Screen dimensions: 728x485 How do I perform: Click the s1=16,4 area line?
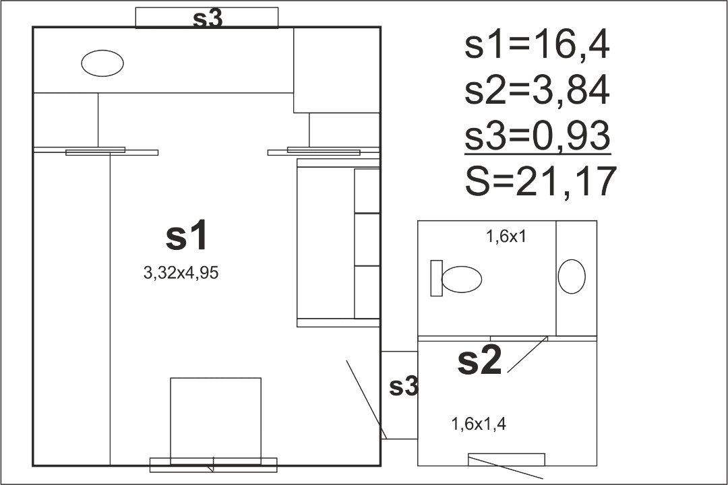[537, 46]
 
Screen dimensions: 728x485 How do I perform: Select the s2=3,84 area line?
[537, 90]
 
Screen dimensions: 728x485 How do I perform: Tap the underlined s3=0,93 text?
[537, 135]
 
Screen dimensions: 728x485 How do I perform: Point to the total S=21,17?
[541, 181]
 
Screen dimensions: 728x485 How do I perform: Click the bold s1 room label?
[187, 236]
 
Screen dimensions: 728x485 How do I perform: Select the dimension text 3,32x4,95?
[181, 273]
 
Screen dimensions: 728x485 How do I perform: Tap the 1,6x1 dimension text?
[506, 236]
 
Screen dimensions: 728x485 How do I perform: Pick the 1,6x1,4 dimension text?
[479, 424]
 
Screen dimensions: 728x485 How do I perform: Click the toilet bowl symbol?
[462, 279]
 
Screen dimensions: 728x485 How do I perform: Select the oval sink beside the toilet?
[572, 276]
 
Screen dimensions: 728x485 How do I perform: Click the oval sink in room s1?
[102, 63]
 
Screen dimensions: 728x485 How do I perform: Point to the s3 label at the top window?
[208, 19]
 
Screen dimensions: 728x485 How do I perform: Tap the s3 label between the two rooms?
[404, 386]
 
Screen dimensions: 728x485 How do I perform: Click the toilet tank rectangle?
[436, 278]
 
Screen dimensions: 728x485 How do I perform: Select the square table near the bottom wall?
[216, 421]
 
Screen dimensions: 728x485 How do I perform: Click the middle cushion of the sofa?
[367, 240]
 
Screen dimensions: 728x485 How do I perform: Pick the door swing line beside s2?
[528, 354]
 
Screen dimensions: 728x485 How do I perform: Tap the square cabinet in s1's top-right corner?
[337, 70]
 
